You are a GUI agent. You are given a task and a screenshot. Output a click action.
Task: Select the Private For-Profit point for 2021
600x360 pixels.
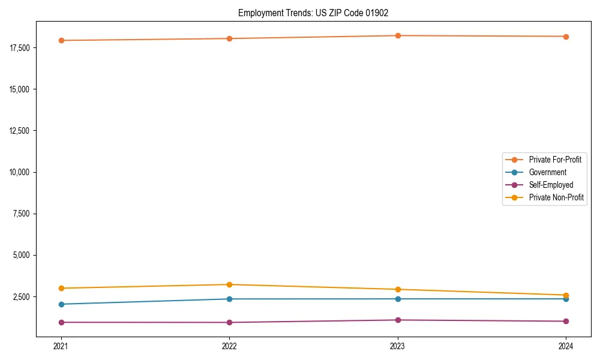click(x=61, y=40)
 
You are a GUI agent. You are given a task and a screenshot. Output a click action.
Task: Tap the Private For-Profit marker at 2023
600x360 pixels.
click(x=398, y=35)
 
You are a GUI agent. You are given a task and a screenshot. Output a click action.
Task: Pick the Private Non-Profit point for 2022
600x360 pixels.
click(x=229, y=284)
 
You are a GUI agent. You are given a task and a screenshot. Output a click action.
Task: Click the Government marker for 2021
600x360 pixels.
click(x=61, y=304)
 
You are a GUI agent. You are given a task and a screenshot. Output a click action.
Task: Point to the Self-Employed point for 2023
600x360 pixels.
click(x=398, y=320)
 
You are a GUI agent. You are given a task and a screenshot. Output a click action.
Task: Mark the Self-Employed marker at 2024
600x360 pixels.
click(x=566, y=321)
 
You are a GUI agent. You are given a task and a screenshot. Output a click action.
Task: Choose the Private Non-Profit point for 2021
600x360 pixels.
click(x=61, y=288)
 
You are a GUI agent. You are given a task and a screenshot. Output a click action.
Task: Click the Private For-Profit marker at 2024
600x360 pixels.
click(x=566, y=37)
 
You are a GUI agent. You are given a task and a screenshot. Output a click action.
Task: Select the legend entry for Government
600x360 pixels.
click(x=547, y=172)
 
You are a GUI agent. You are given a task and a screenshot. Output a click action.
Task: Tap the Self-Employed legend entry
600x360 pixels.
click(x=551, y=185)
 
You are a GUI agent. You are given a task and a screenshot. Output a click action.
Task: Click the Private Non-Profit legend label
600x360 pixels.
click(x=556, y=197)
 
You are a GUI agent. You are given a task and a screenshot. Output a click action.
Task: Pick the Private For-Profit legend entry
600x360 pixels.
click(x=554, y=160)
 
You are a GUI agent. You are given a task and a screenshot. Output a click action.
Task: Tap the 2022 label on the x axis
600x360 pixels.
click(x=229, y=346)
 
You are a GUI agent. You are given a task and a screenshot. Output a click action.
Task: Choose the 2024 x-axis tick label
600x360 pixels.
click(x=566, y=346)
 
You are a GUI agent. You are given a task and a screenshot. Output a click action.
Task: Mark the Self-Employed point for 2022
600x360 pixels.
click(x=229, y=322)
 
